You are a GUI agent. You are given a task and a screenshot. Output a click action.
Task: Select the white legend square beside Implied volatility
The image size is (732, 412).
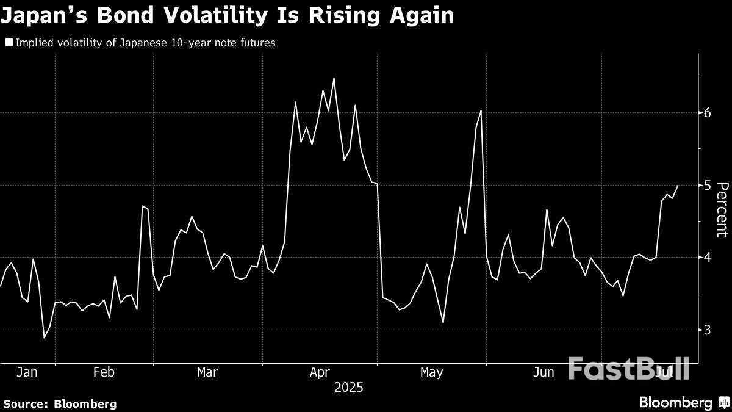[9, 43]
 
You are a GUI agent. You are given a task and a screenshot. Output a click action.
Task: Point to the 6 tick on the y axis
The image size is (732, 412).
[708, 113]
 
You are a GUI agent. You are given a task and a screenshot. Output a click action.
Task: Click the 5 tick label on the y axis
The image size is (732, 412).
[708, 185]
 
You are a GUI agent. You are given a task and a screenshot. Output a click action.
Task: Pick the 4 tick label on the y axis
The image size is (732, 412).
[708, 257]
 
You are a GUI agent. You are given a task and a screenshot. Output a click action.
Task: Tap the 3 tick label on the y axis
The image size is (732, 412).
[708, 330]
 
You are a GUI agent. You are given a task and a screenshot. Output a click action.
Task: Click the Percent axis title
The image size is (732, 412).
[722, 209]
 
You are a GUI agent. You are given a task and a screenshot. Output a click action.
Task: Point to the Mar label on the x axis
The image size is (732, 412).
[208, 372]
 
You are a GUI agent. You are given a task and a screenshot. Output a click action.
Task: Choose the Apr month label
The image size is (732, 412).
[320, 372]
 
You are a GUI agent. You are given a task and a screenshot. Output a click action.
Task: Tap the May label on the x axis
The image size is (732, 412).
[431, 372]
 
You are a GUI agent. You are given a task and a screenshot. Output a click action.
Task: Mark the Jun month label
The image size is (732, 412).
[544, 372]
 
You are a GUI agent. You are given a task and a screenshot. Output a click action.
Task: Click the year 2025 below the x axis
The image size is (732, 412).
[348, 388]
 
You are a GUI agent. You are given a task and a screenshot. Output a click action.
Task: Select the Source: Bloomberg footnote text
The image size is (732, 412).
[60, 403]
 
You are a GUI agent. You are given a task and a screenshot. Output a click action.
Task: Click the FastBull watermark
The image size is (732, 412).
[628, 368]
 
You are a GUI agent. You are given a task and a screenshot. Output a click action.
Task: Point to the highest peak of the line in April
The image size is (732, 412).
[334, 79]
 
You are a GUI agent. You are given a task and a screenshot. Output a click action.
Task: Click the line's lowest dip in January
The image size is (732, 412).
[44, 338]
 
